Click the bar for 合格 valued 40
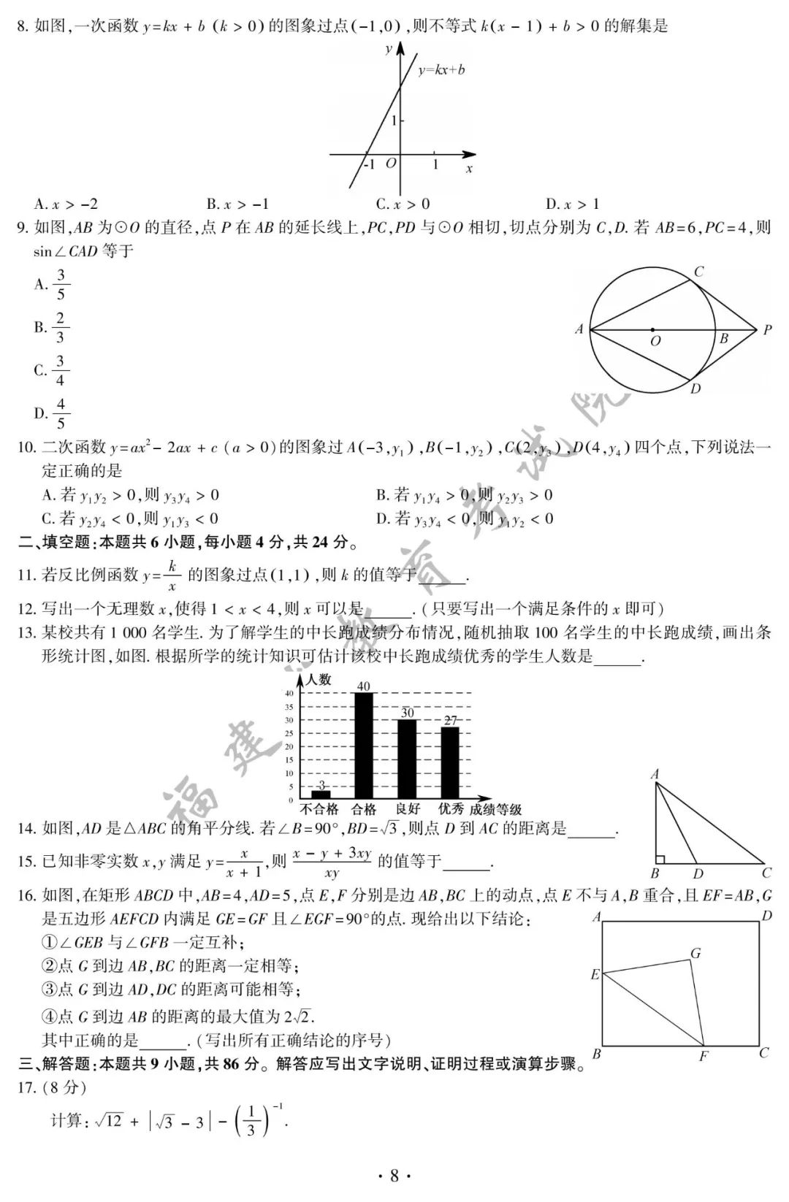click(x=363, y=745)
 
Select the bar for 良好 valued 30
click(x=407, y=758)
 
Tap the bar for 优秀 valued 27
click(x=450, y=762)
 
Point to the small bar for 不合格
click(x=321, y=794)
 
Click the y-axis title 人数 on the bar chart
click(x=319, y=679)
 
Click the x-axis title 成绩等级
click(x=495, y=809)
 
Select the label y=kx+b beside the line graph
click(x=441, y=70)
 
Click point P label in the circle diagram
click(x=767, y=330)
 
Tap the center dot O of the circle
click(x=652, y=329)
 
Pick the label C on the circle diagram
click(x=698, y=272)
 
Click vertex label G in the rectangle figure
click(x=695, y=953)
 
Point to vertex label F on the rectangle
click(x=704, y=1056)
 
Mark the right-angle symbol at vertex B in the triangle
click(x=660, y=860)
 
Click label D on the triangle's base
click(x=698, y=874)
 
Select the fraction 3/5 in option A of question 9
click(x=61, y=284)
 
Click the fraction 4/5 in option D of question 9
click(x=61, y=413)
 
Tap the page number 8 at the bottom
click(x=394, y=1175)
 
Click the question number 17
click(x=26, y=1087)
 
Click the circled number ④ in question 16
click(x=50, y=1016)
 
